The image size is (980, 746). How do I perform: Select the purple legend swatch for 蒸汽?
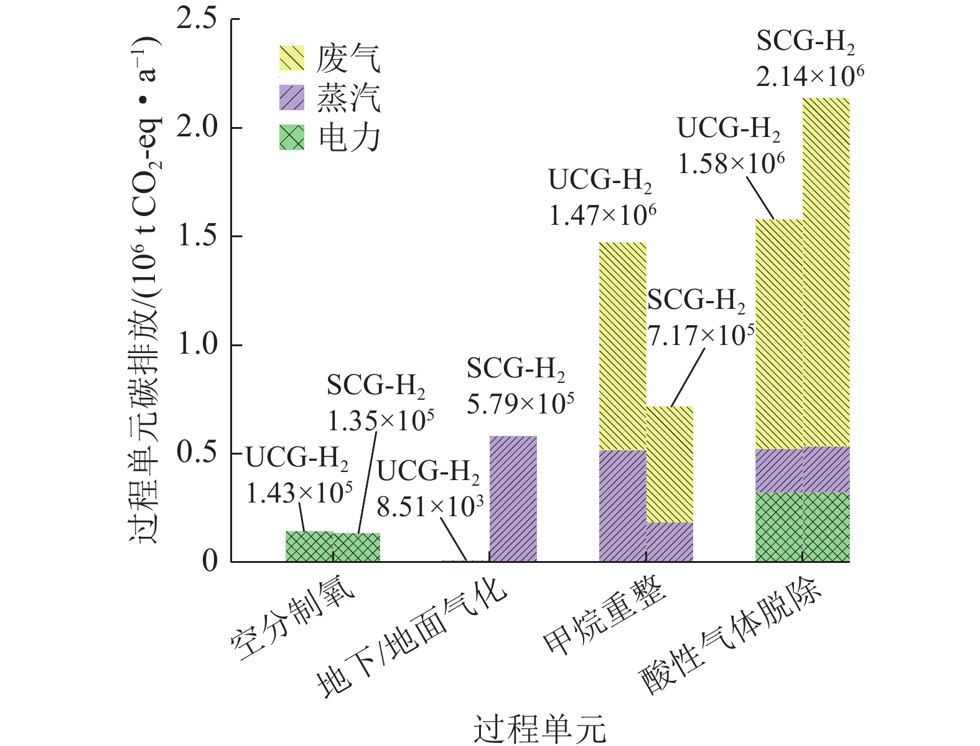click(x=291, y=98)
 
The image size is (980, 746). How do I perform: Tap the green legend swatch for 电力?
click(x=291, y=137)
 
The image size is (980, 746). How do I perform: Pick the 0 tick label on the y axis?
click(x=210, y=562)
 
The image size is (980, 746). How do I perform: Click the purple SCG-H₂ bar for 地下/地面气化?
click(x=513, y=498)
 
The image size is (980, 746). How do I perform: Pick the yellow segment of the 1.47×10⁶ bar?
click(x=623, y=346)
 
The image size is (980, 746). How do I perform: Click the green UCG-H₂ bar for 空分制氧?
click(x=309, y=546)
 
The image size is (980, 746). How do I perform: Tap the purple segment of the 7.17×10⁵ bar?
click(x=670, y=542)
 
